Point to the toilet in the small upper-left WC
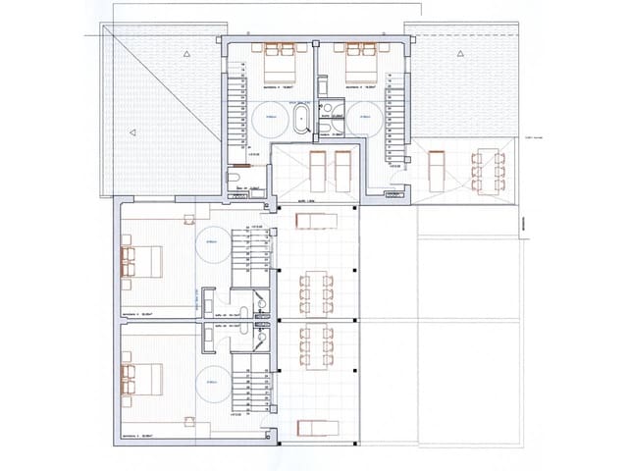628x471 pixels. click(234, 179)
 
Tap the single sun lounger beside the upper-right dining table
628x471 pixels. click(436, 171)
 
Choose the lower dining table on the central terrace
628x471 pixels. click(317, 342)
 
